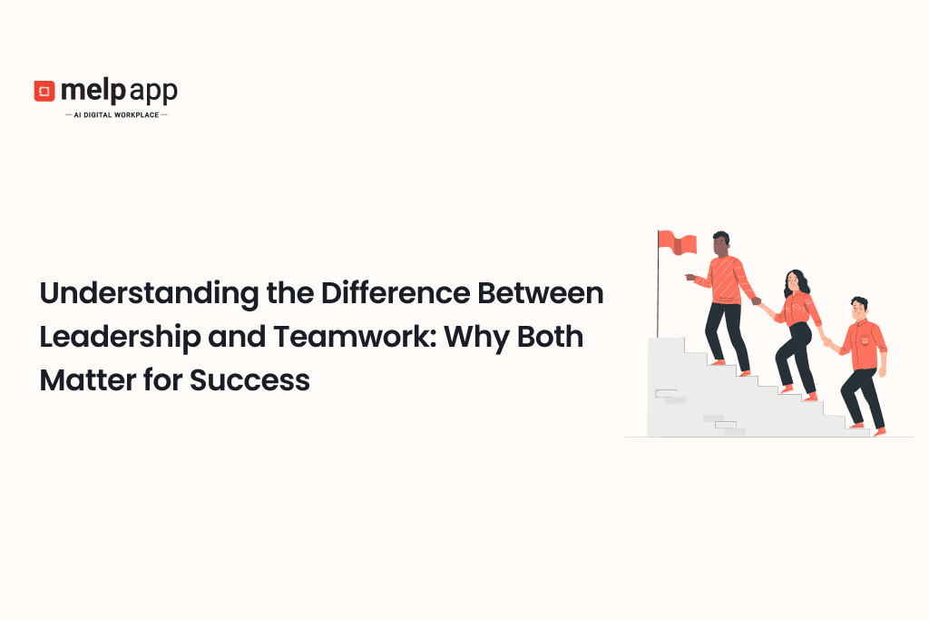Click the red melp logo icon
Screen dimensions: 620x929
click(x=44, y=91)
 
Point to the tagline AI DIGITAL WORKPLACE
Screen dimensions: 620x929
click(x=116, y=115)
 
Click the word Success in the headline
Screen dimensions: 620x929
click(x=249, y=380)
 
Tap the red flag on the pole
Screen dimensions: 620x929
click(x=678, y=242)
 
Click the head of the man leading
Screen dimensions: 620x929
click(x=720, y=242)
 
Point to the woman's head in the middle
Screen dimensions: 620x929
click(x=795, y=280)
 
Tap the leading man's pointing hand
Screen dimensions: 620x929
click(x=692, y=276)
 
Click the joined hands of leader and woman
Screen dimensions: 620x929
click(x=757, y=301)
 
